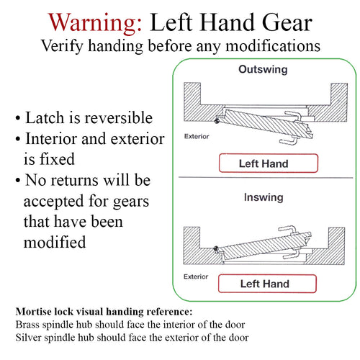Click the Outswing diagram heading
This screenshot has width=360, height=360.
coord(263,70)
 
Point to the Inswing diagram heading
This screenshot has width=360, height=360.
coord(263,196)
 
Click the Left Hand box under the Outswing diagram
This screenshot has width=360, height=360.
coord(264,163)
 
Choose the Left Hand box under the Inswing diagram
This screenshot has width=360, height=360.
coord(264,284)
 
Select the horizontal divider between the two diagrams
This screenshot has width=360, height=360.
coord(264,179)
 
